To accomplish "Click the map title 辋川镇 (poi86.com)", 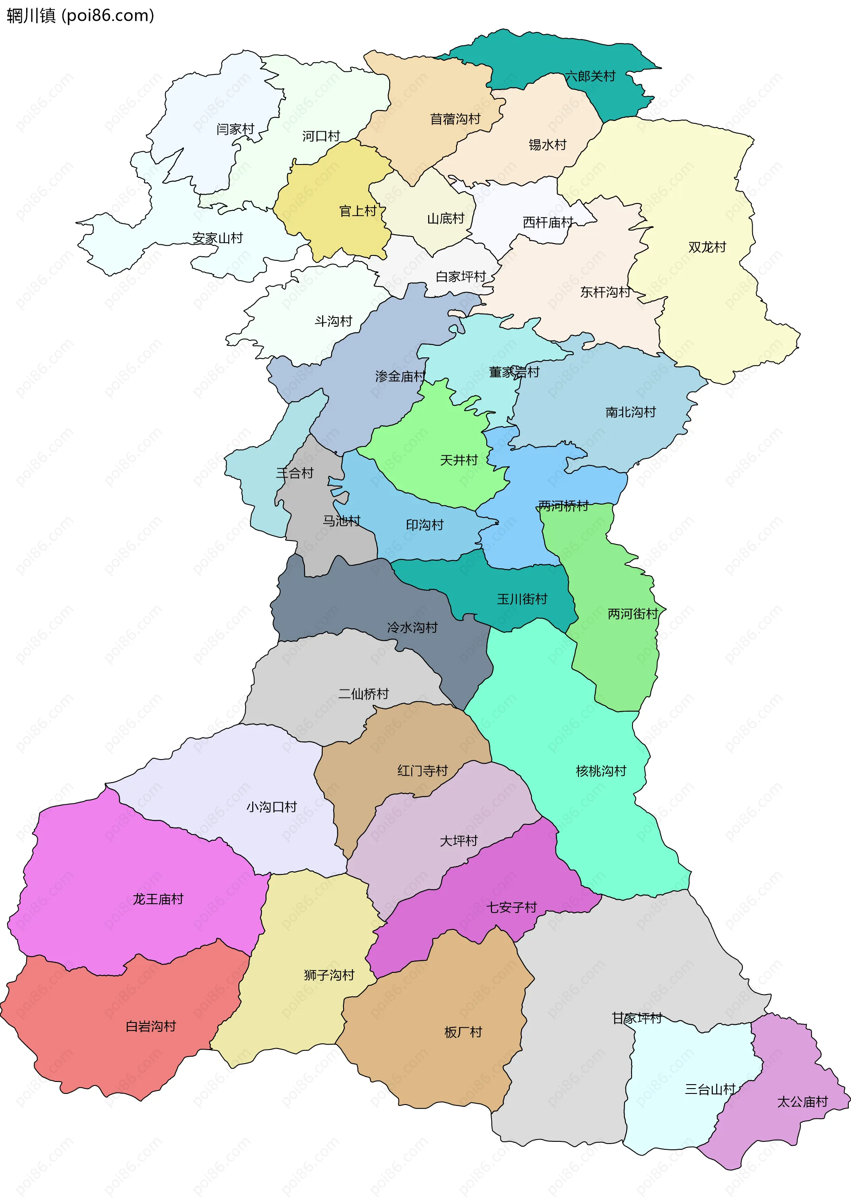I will coord(80,16).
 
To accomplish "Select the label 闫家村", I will coord(235,129).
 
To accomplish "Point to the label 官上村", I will coord(358,211).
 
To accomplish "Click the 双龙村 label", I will coord(707,247).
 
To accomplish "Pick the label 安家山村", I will coord(218,239).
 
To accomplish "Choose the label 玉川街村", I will coord(522,599).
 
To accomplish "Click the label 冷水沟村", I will coord(412,627).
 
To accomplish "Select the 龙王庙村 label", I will coord(158,900).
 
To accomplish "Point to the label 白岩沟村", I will coord(151,1027).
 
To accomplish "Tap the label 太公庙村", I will coord(802,1102).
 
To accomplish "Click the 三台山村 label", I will coord(710,1089).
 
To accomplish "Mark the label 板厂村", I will coord(463,1032).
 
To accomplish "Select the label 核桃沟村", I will coord(601,771).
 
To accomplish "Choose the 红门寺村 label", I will coord(422,771).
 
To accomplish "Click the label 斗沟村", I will coord(333,321).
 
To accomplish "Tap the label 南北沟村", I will coord(630,412).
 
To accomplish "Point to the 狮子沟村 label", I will coord(329,975).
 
